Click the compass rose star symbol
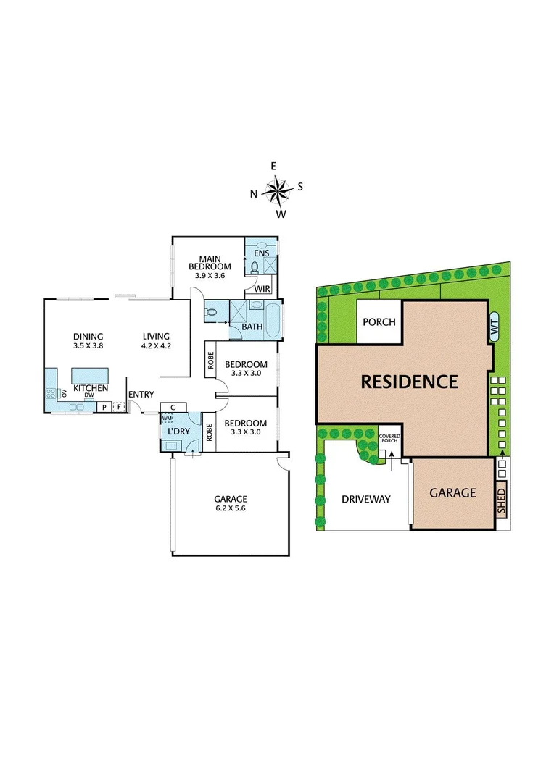pos(276,190)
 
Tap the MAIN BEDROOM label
pos(210,260)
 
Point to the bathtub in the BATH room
pos(272,320)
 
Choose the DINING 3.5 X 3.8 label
pos(88,341)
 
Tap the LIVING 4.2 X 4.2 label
pos(155,341)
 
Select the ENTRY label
pos(141,395)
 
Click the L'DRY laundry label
pos(178,432)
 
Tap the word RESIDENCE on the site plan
pos(410,382)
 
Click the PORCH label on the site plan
pos(379,321)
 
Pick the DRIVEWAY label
pos(366,499)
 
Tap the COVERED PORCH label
pos(389,438)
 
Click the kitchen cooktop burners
pos(51,394)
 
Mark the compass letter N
pos(254,193)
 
